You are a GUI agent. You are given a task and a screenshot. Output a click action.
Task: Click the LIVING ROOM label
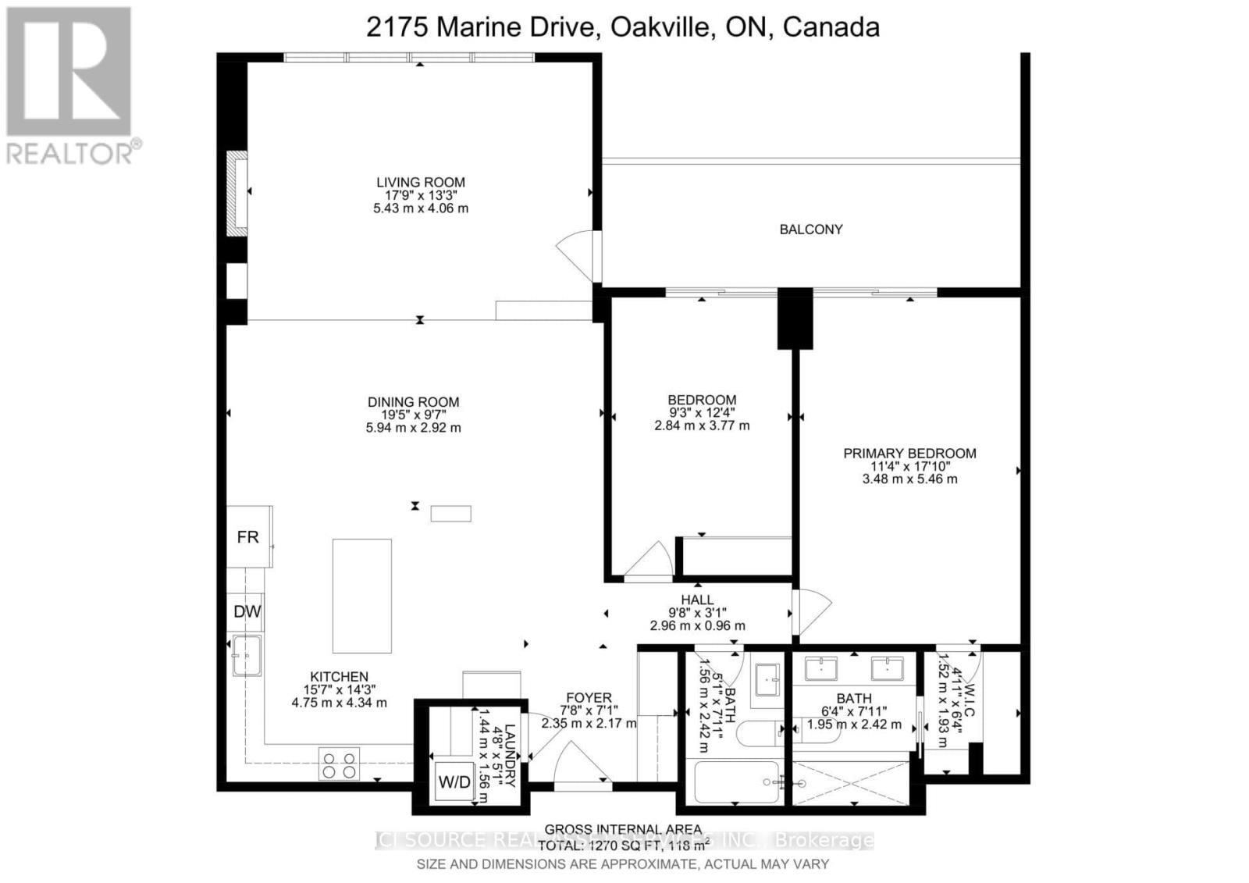tap(420, 182)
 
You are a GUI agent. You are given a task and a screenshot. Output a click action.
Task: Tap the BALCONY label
tap(811, 230)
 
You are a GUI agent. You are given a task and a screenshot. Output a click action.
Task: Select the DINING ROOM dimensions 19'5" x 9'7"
tap(414, 415)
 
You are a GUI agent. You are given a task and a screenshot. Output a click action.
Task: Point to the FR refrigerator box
tap(248, 537)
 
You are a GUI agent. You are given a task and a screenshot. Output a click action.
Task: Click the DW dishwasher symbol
tap(247, 612)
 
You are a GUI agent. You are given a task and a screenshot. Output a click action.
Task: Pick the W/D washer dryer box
tap(454, 782)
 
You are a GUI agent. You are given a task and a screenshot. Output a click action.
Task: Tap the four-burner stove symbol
tap(340, 764)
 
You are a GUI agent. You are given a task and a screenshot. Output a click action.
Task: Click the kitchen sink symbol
tap(247, 655)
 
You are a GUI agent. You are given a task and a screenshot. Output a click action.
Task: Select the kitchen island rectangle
tap(362, 596)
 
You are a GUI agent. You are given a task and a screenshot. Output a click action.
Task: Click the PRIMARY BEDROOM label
tap(909, 453)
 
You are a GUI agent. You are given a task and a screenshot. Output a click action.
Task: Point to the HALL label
tap(697, 600)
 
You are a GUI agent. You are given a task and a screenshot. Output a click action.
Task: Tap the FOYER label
tap(589, 698)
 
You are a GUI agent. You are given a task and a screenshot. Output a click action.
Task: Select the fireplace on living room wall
tap(237, 193)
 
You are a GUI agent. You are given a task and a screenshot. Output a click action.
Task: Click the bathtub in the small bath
tap(738, 782)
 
